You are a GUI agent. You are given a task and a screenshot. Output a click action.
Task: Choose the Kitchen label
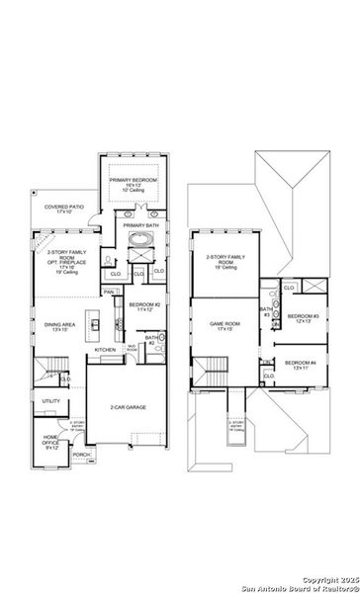tap(106, 350)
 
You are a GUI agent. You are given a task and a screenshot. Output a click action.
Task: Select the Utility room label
tap(50, 401)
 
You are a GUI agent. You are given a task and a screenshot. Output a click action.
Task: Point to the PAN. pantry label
tap(108, 292)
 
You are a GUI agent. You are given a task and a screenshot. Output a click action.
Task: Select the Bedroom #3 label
tap(300, 318)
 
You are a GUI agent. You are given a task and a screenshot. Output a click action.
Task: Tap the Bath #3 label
tap(266, 312)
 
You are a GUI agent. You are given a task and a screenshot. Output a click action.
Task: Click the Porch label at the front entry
tap(81, 455)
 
